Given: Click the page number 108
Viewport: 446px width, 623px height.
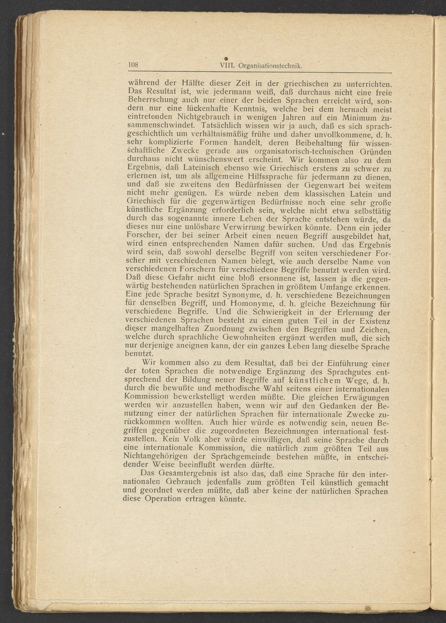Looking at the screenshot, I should (133, 65).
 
